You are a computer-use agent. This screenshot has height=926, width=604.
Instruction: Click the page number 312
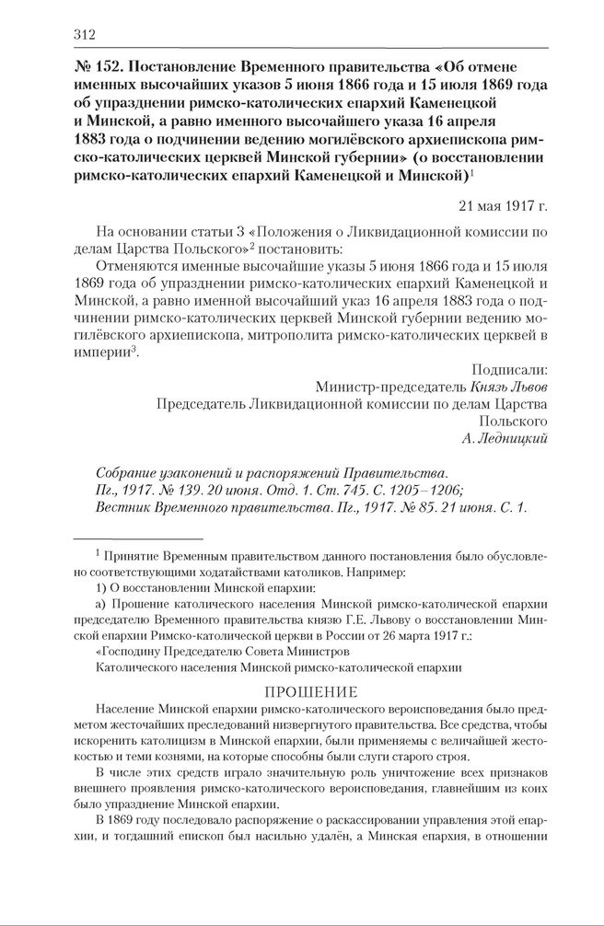point(84,35)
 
